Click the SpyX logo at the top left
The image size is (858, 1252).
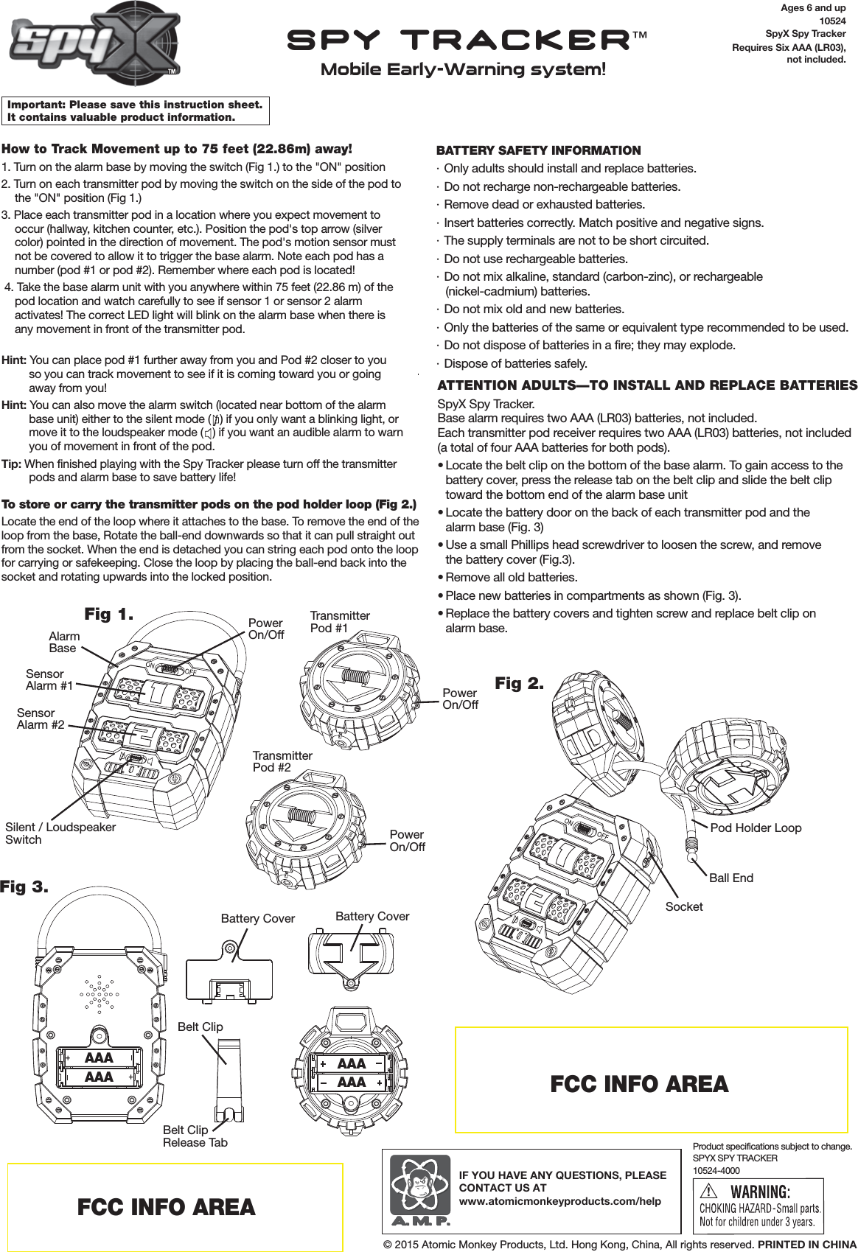point(94,43)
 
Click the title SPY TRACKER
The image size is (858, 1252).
point(458,40)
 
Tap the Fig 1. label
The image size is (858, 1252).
point(108,614)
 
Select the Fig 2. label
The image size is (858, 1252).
point(519,683)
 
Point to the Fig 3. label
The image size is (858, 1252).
point(24,886)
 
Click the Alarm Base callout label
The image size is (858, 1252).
point(63,642)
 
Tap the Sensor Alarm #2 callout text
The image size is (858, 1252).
point(41,718)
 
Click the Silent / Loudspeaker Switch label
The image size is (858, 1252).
point(60,833)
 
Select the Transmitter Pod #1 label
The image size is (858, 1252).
point(339,621)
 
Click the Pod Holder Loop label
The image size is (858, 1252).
point(755,828)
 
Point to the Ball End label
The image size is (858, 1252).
point(730,878)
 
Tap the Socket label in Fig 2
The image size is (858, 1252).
point(683,906)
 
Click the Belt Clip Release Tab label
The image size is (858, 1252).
point(195,1136)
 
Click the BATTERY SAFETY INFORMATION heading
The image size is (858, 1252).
point(538,150)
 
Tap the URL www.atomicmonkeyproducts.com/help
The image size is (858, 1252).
point(559,1200)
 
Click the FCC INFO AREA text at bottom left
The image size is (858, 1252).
point(166,1207)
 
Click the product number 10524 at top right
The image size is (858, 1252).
point(832,21)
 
